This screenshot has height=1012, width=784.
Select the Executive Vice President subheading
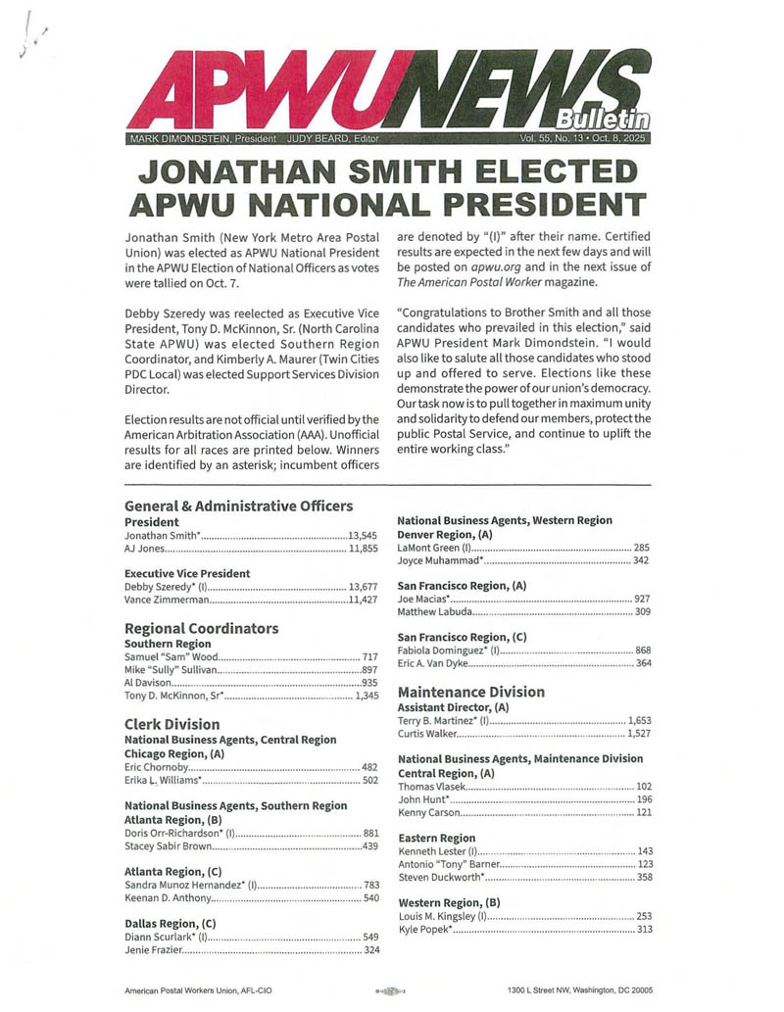(x=187, y=573)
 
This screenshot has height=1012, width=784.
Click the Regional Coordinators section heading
(x=201, y=628)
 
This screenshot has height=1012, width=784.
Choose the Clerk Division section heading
(x=172, y=724)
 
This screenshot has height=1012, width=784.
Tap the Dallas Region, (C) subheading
(x=170, y=923)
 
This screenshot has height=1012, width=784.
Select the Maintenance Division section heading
(x=469, y=692)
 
